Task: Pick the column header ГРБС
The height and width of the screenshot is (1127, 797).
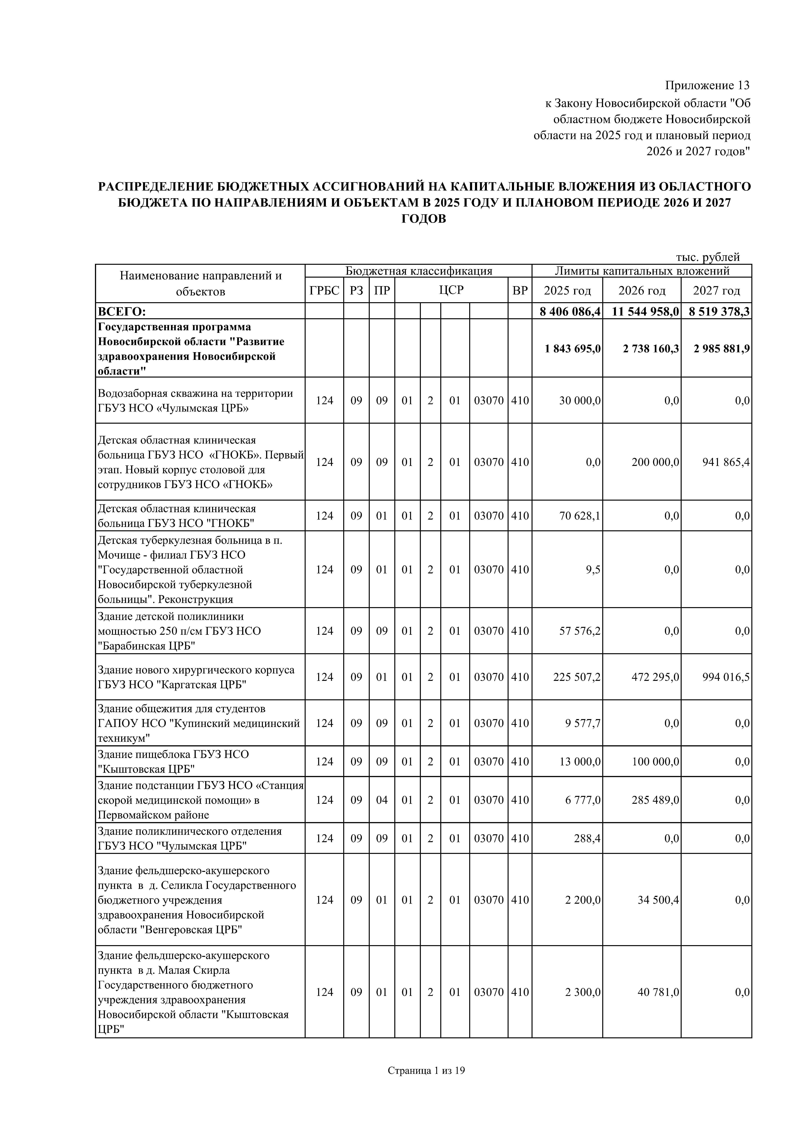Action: coord(324,291)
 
